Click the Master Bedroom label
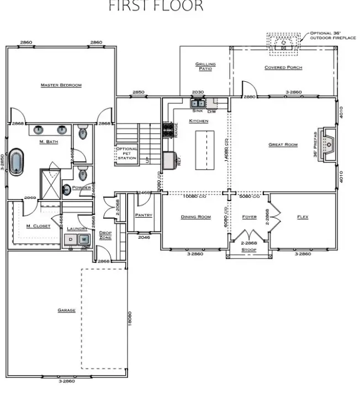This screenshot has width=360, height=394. pyautogui.click(x=61, y=85)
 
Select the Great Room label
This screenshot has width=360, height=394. pyautogui.click(x=283, y=145)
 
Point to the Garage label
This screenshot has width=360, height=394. pyautogui.click(x=66, y=311)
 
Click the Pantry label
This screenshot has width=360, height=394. pyautogui.click(x=144, y=215)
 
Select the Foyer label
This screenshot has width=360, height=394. pyautogui.click(x=250, y=217)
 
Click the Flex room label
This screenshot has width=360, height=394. pyautogui.click(x=303, y=217)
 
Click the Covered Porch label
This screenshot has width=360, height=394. pyautogui.click(x=283, y=68)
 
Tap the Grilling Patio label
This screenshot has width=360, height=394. pyautogui.click(x=205, y=66)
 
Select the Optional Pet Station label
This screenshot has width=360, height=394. pyautogui.click(x=126, y=154)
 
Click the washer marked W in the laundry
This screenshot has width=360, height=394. pyautogui.click(x=84, y=239)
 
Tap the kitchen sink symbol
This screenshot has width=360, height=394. pyautogui.click(x=198, y=103)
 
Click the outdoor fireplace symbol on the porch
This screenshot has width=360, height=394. pyautogui.click(x=284, y=42)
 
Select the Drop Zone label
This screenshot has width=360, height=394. pyautogui.click(x=105, y=235)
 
